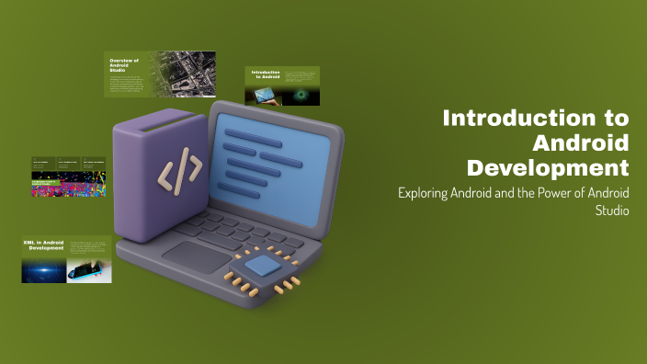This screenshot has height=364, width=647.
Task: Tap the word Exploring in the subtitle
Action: click(x=424, y=194)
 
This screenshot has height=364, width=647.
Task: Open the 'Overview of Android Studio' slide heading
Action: click(x=125, y=64)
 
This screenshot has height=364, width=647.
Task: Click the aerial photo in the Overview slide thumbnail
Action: click(x=187, y=74)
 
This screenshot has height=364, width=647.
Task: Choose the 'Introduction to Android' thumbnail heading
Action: click(x=265, y=74)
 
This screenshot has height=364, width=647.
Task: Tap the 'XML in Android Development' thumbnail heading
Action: click(x=43, y=245)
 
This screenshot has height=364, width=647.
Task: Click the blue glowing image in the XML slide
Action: click(x=44, y=269)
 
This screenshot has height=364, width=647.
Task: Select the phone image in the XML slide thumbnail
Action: click(x=89, y=269)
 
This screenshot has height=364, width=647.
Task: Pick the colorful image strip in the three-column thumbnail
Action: click(x=70, y=185)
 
